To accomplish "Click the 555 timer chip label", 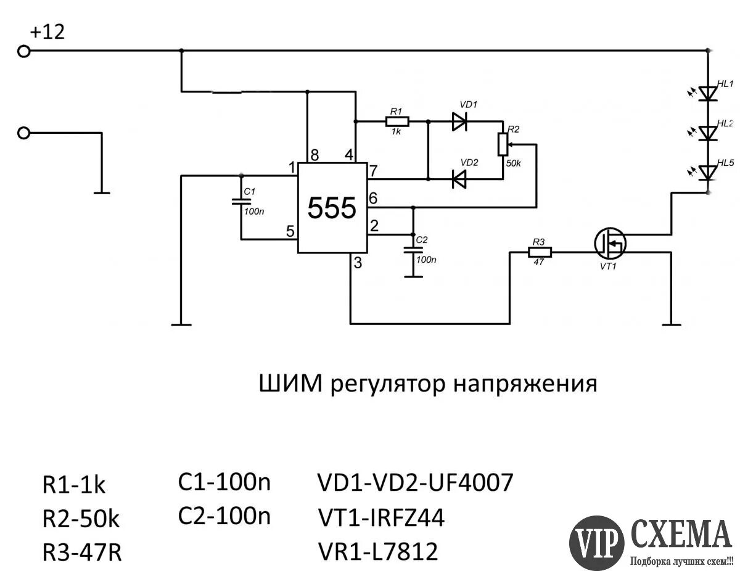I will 332,208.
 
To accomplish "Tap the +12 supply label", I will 47,32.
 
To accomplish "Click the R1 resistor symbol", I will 395,121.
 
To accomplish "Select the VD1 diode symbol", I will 459,121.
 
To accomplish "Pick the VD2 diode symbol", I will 459,179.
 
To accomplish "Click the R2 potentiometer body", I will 503,144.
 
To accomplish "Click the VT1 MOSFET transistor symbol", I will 610,244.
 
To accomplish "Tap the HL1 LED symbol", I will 709,93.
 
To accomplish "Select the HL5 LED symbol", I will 709,173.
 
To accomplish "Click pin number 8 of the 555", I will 314,155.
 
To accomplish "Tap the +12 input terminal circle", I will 23,52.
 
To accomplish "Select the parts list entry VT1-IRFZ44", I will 380,519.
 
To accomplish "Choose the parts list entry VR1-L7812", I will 377,551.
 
